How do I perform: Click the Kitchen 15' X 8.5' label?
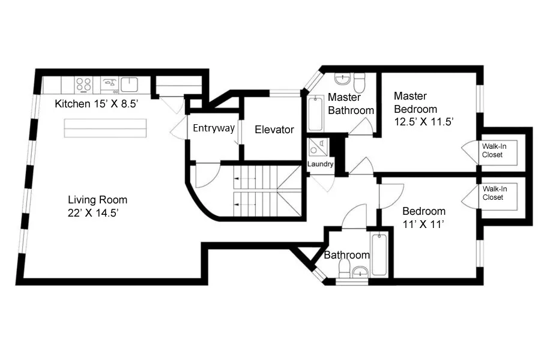(97, 104)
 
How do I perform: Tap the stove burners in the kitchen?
(83, 84)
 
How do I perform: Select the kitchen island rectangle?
(106, 128)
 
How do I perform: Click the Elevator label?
(274, 130)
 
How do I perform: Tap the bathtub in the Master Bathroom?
(315, 115)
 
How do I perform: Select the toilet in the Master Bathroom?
(359, 81)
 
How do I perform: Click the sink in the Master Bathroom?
(342, 79)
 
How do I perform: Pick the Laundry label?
(320, 164)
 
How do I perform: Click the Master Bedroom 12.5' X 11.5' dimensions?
(423, 109)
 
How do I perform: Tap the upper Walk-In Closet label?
(492, 150)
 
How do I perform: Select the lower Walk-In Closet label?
(494, 193)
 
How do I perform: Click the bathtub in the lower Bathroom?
(379, 254)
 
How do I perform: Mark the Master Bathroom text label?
(351, 104)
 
